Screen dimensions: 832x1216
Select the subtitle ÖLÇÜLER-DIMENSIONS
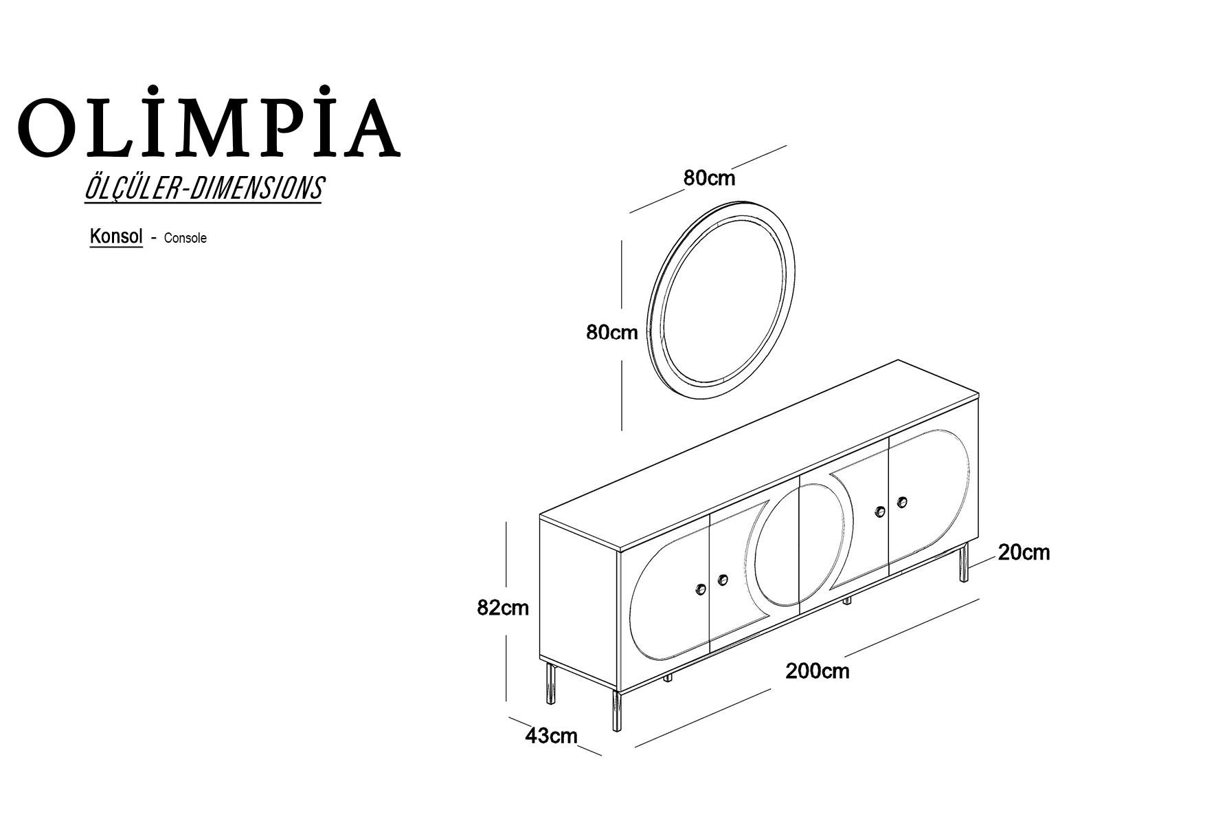(203, 188)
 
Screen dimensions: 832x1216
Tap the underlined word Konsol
(116, 237)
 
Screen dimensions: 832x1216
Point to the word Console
(185, 238)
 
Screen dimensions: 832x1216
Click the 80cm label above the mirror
(709, 178)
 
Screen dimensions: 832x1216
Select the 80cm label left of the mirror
(611, 333)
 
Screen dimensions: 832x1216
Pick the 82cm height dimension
(503, 608)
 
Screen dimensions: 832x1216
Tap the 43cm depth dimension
(551, 736)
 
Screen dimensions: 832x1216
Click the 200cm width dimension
(817, 671)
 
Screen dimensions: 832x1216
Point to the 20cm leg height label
(1024, 553)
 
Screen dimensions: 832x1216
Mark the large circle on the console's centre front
(800, 545)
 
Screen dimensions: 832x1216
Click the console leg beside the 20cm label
(965, 562)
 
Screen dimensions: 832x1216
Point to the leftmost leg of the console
(550, 684)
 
